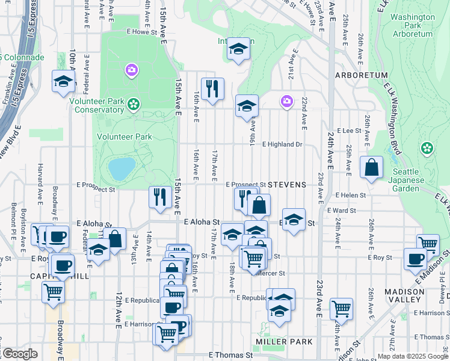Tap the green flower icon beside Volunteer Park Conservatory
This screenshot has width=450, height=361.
point(133,105)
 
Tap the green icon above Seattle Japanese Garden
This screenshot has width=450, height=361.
point(427,147)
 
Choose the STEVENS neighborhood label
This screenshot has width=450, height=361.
point(287,185)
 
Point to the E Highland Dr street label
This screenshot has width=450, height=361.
point(282,144)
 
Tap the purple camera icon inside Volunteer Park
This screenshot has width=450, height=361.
point(131,71)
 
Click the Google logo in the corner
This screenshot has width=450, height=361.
point(19,354)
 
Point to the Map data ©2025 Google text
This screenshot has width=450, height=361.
point(413,356)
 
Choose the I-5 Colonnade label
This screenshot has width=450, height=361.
point(22,58)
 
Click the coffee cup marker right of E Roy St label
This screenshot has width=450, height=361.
point(415,259)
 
